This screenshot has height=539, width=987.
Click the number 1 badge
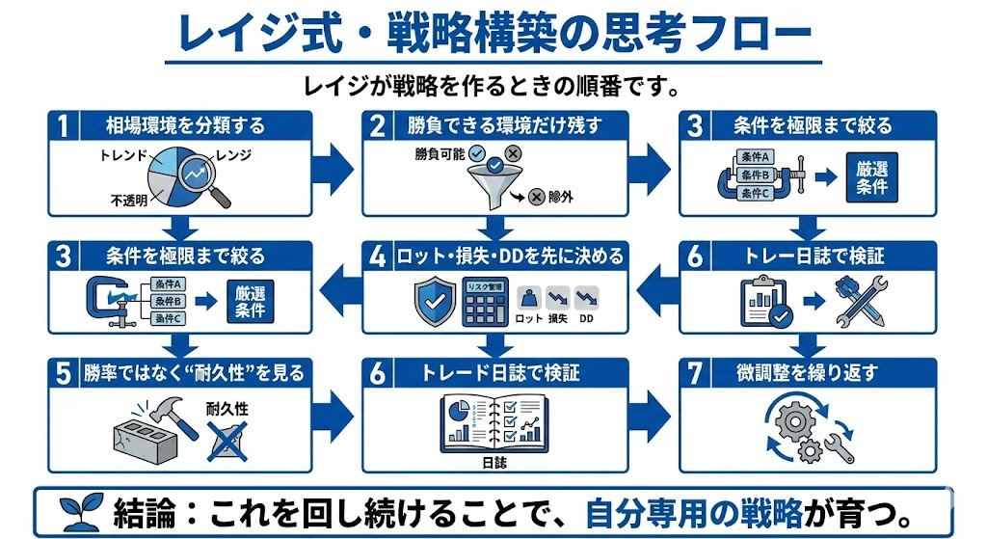(63, 125)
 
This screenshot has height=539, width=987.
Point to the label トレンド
(123, 154)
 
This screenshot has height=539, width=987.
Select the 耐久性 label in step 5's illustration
(227, 409)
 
